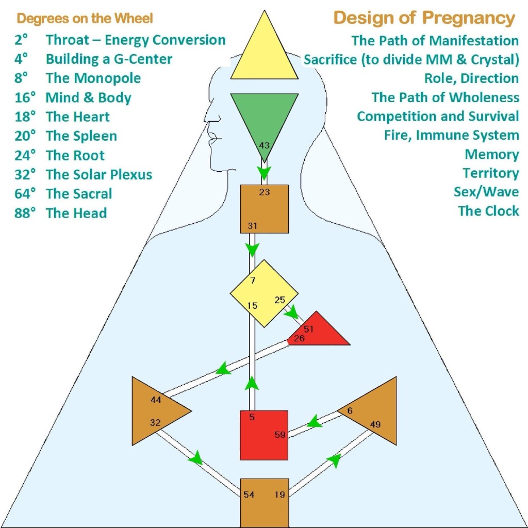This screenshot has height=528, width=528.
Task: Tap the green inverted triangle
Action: [264, 116]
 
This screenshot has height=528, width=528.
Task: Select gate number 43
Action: [264, 145]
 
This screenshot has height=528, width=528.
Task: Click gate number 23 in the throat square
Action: [264, 192]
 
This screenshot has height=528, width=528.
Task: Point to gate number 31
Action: [252, 226]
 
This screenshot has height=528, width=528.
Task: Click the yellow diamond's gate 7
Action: [252, 280]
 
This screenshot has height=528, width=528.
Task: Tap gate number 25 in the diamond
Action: [279, 300]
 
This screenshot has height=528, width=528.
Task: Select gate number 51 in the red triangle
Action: [309, 329]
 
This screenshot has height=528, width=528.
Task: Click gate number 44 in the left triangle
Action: [156, 400]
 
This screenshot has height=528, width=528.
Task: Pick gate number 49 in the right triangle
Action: [375, 424]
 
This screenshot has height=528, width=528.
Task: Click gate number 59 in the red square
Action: [280, 435]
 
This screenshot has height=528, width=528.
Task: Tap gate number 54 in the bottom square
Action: [249, 494]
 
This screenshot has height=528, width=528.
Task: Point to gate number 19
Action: [280, 494]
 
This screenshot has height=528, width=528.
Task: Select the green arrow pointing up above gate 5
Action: [252, 383]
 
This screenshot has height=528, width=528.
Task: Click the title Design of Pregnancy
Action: [424, 18]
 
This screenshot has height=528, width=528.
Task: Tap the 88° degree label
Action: [25, 213]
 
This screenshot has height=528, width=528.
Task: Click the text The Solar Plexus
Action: [98, 174]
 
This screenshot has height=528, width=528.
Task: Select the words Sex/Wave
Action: [486, 192]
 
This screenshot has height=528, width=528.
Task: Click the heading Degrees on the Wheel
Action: [85, 19]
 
